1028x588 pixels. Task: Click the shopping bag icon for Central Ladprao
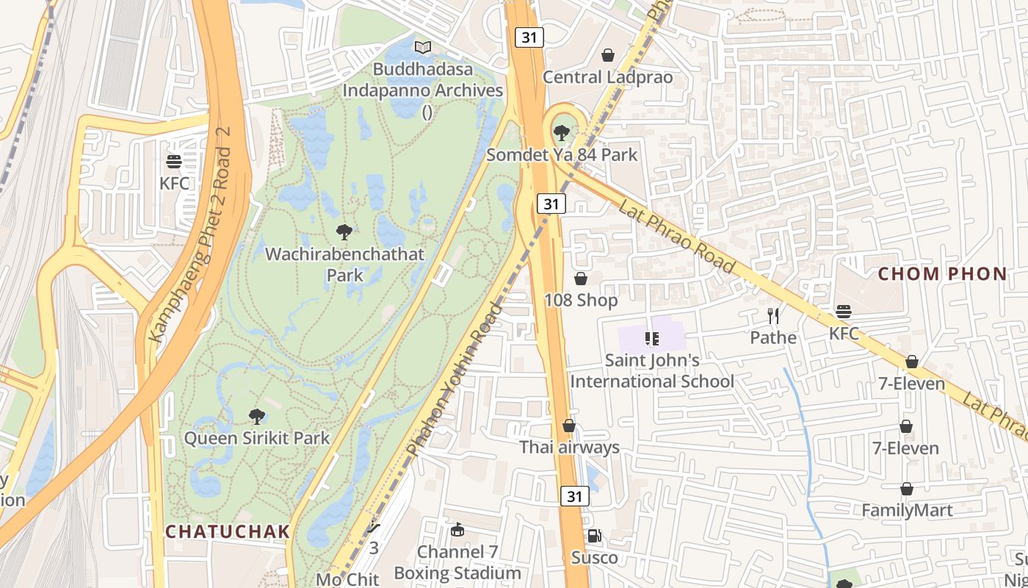[608, 55]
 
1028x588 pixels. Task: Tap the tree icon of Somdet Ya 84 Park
[562, 133]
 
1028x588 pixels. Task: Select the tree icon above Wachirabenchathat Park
[344, 233]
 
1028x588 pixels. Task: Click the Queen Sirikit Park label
[256, 438]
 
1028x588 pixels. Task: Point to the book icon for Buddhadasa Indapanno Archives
[422, 48]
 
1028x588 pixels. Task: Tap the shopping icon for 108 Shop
[581, 279]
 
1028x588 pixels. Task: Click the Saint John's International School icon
[651, 339]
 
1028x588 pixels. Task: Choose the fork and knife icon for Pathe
[772, 316]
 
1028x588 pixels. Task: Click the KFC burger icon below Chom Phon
[843, 312]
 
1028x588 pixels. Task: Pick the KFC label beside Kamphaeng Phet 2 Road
[174, 183]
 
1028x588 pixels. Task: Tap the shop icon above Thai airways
[569, 426]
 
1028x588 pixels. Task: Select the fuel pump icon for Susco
[595, 536]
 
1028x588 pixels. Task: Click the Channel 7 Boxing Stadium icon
[457, 530]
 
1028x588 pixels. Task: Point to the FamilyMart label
[907, 510]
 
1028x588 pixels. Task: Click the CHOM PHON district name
[943, 274]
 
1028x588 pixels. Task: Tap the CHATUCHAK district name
[227, 531]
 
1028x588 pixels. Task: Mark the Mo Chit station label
[347, 578]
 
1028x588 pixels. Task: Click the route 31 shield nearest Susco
[574, 497]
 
